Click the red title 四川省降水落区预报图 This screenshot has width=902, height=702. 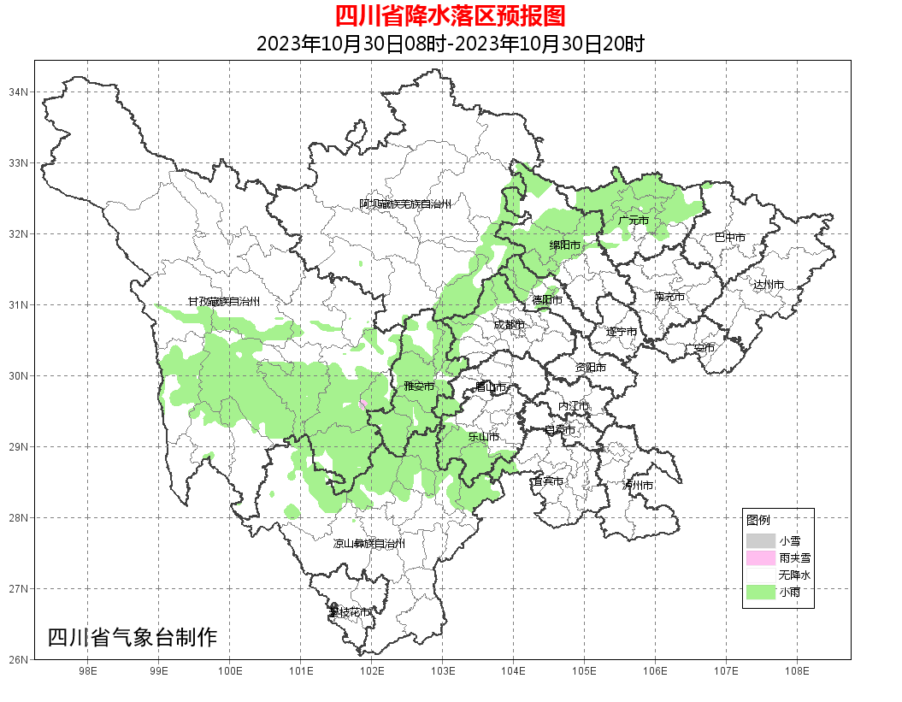(x=450, y=16)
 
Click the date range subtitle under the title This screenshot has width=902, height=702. (x=450, y=44)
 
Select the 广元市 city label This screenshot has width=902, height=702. (x=634, y=221)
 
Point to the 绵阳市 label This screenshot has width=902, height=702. (x=564, y=245)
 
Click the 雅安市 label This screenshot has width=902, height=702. (x=419, y=386)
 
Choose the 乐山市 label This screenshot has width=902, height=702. (x=483, y=436)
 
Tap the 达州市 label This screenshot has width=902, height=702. (x=768, y=284)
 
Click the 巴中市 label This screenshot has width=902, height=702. (x=729, y=237)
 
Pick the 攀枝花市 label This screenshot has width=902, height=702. (x=351, y=612)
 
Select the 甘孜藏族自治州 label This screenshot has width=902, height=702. (x=224, y=302)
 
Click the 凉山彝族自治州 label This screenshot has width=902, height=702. (x=369, y=544)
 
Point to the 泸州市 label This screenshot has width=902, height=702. (x=638, y=485)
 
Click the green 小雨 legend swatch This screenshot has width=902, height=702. (x=760, y=593)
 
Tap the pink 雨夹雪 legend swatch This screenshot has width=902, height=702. (x=760, y=558)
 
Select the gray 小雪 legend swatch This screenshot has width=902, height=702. (x=760, y=541)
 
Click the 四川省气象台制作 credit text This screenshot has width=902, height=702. (x=133, y=638)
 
